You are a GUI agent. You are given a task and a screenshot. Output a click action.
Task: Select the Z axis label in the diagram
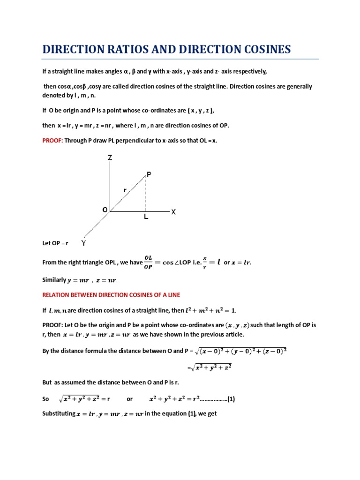pyautogui.click(x=110, y=158)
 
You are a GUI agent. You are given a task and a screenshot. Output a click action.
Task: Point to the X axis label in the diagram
pyautogui.click(x=173, y=212)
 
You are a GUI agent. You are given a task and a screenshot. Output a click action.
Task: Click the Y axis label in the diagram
pyautogui.click(x=83, y=243)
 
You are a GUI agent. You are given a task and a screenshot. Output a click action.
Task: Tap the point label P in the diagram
pyautogui.click(x=149, y=174)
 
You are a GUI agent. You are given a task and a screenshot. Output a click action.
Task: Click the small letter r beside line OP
pyautogui.click(x=125, y=190)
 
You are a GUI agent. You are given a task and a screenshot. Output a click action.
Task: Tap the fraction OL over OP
pyautogui.click(x=148, y=262)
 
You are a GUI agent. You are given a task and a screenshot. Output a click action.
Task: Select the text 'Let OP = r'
pyautogui.click(x=55, y=243)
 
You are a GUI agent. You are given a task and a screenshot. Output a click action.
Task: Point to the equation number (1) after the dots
pyautogui.click(x=231, y=400)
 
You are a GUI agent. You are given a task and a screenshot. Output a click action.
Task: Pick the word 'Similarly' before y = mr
pyautogui.click(x=54, y=280)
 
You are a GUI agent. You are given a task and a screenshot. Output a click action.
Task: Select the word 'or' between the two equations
pyautogui.click(x=130, y=400)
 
